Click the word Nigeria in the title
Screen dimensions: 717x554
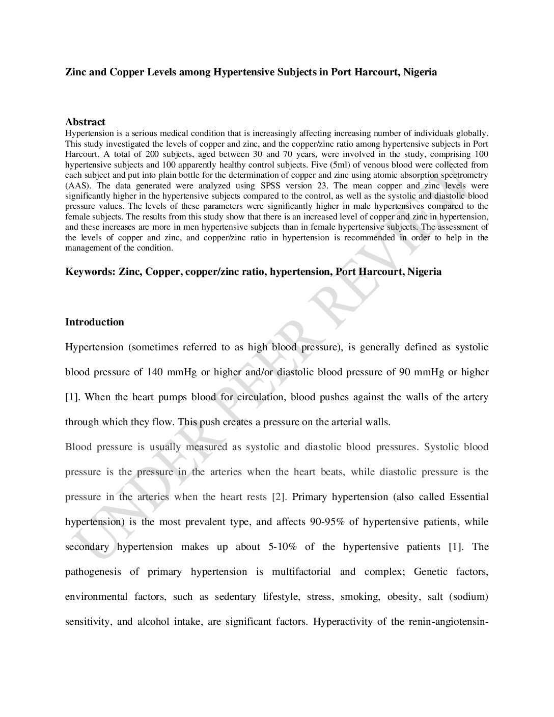tap(420, 72)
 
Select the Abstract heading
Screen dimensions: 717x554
tap(85, 122)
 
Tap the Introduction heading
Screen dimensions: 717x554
tap(95, 322)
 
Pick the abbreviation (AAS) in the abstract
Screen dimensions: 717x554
tap(78, 186)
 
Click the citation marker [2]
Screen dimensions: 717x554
tap(279, 497)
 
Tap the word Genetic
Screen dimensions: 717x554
tap(432, 572)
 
